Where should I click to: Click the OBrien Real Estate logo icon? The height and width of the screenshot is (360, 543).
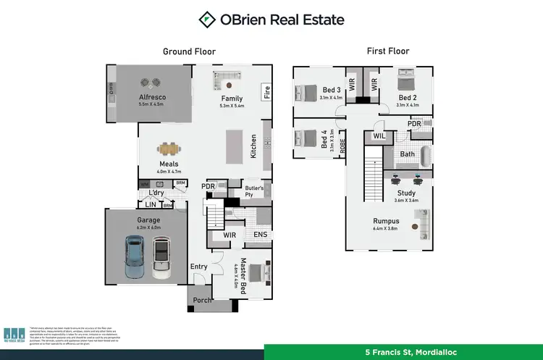coord(207,20)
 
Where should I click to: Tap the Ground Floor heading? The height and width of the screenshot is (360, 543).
coord(189,51)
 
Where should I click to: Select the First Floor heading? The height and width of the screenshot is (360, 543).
coord(388,51)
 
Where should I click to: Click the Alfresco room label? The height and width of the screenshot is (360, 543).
coord(153,97)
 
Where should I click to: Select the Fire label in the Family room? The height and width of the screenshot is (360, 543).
coord(266,92)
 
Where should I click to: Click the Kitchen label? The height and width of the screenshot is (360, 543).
coord(253,146)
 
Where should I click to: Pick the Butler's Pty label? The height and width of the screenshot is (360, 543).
coord(253,190)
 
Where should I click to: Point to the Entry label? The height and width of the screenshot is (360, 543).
coord(199,267)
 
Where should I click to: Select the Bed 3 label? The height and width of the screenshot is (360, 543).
coord(332,90)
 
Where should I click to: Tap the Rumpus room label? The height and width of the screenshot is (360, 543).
coord(386,222)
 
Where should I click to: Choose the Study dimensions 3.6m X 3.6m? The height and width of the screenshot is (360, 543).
coord(405,200)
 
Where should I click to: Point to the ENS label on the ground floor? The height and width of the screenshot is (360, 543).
coord(258,235)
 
